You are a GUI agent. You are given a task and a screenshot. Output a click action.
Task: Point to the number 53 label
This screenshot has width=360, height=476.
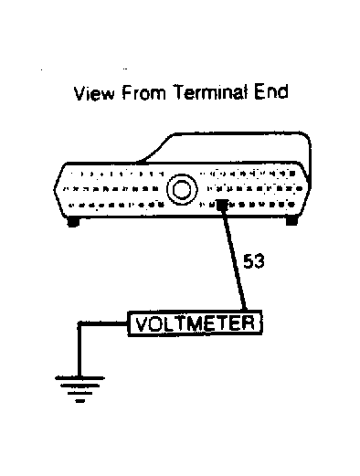click(x=254, y=263)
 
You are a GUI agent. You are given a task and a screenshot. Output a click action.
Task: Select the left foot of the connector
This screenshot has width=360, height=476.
click(x=73, y=222)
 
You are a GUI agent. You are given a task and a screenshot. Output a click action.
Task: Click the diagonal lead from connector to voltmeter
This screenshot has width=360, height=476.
click(x=233, y=265)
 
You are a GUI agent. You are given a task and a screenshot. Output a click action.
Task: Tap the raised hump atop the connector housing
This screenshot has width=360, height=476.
click(x=228, y=146)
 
